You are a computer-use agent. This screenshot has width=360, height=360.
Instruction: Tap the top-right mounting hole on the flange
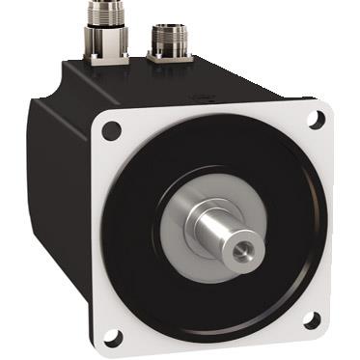point(315,119)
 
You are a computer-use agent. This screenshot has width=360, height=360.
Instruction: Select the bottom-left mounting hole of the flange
point(113,337)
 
